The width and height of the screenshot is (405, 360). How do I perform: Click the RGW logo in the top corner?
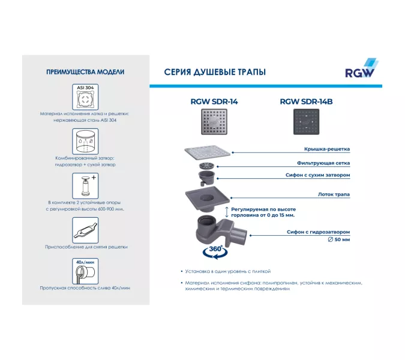362,68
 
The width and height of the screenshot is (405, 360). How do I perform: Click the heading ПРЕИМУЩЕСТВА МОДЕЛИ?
85,72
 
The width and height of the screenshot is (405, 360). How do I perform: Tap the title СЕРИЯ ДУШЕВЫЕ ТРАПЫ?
215,72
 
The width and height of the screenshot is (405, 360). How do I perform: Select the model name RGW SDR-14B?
306,102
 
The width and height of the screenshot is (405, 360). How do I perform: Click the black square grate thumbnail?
307,122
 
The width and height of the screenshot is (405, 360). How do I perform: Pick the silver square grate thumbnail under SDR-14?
214,122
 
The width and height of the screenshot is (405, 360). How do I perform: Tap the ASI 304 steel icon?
85,97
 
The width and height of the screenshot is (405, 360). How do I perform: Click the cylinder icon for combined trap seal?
85,142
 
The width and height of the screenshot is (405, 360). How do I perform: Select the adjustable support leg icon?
85,186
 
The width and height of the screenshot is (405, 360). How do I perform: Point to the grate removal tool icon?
85,230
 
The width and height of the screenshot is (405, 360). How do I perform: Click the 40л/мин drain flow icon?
85,271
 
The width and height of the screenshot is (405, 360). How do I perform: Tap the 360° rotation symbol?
215,252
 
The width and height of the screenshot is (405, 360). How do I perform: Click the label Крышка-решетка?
327,149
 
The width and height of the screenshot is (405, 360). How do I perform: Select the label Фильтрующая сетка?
323,163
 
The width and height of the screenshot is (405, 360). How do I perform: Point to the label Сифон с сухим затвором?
317,175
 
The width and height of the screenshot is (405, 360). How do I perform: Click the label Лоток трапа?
334,194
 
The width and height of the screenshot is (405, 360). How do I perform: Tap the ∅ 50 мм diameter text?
339,239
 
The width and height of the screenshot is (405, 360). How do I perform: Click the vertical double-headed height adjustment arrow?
227,212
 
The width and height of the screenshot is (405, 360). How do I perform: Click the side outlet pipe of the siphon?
238,235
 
